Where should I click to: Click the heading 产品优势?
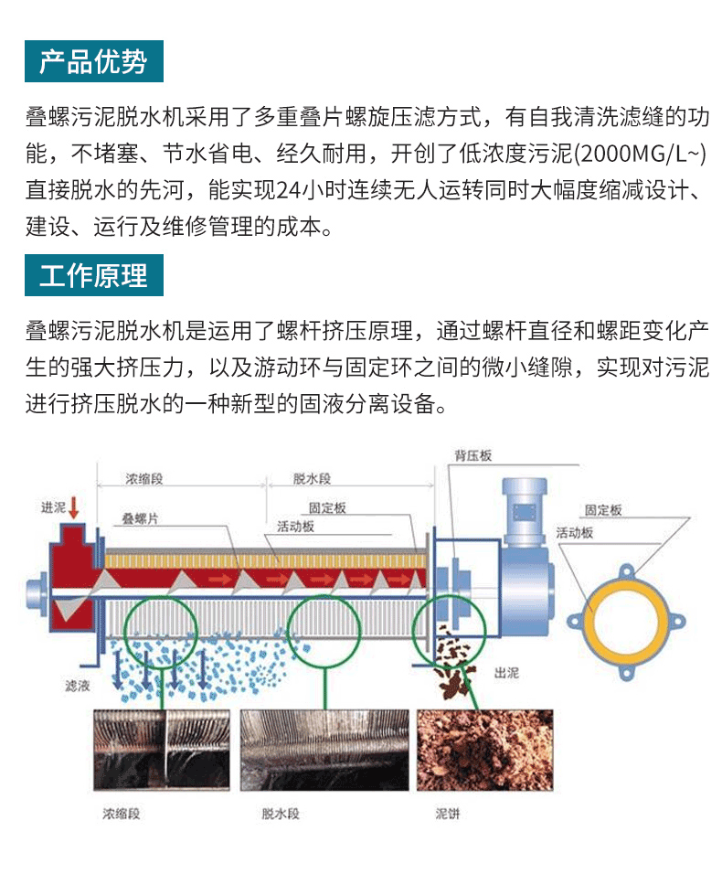93,61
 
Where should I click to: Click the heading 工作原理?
93,275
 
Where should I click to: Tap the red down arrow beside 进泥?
73,507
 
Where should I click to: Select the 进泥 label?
53,507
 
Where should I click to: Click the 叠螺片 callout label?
140,518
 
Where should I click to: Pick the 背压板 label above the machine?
473,455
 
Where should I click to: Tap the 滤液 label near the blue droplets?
77,686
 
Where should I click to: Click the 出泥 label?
505,673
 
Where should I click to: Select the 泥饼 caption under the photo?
447,814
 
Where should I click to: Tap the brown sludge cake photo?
484,750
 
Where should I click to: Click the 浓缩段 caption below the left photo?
121,814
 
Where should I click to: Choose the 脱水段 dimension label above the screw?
312,478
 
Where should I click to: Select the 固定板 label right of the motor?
603,510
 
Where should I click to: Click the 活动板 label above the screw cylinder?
296,527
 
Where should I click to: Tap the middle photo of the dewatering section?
324,750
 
